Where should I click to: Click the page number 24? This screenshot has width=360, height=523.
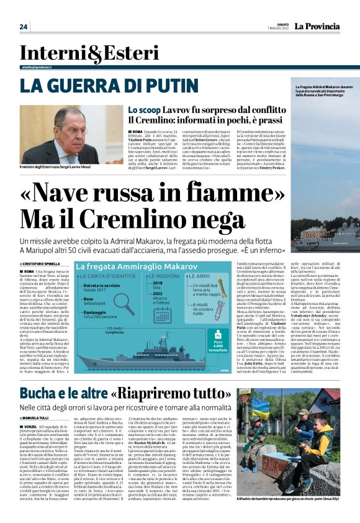pos(24,27)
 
